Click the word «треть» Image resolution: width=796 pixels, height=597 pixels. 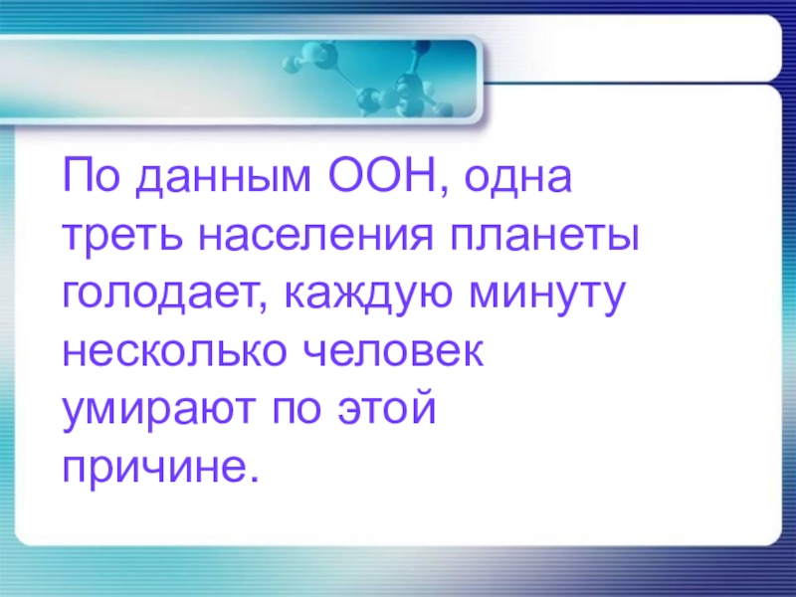click(119, 239)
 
